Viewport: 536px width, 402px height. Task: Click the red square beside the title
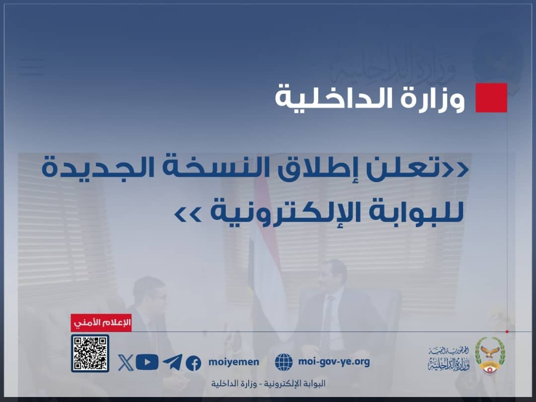coord(491,98)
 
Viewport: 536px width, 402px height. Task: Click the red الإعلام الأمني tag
coord(101,323)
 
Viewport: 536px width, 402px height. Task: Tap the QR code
coord(90,353)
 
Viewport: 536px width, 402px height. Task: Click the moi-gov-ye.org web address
coord(334,362)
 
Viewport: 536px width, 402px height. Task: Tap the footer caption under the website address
coord(268,384)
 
